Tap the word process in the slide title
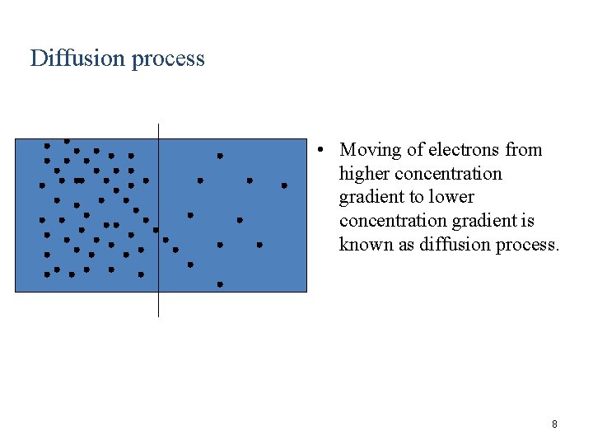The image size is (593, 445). (x=166, y=59)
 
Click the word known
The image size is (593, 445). (x=367, y=245)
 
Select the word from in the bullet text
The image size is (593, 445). (x=524, y=150)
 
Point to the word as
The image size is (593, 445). (x=407, y=245)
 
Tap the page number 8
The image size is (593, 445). (x=554, y=424)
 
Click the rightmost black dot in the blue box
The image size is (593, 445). (x=284, y=185)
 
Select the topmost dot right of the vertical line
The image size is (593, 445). (x=220, y=156)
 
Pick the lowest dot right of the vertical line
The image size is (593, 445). (x=220, y=284)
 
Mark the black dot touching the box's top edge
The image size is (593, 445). (x=67, y=141)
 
